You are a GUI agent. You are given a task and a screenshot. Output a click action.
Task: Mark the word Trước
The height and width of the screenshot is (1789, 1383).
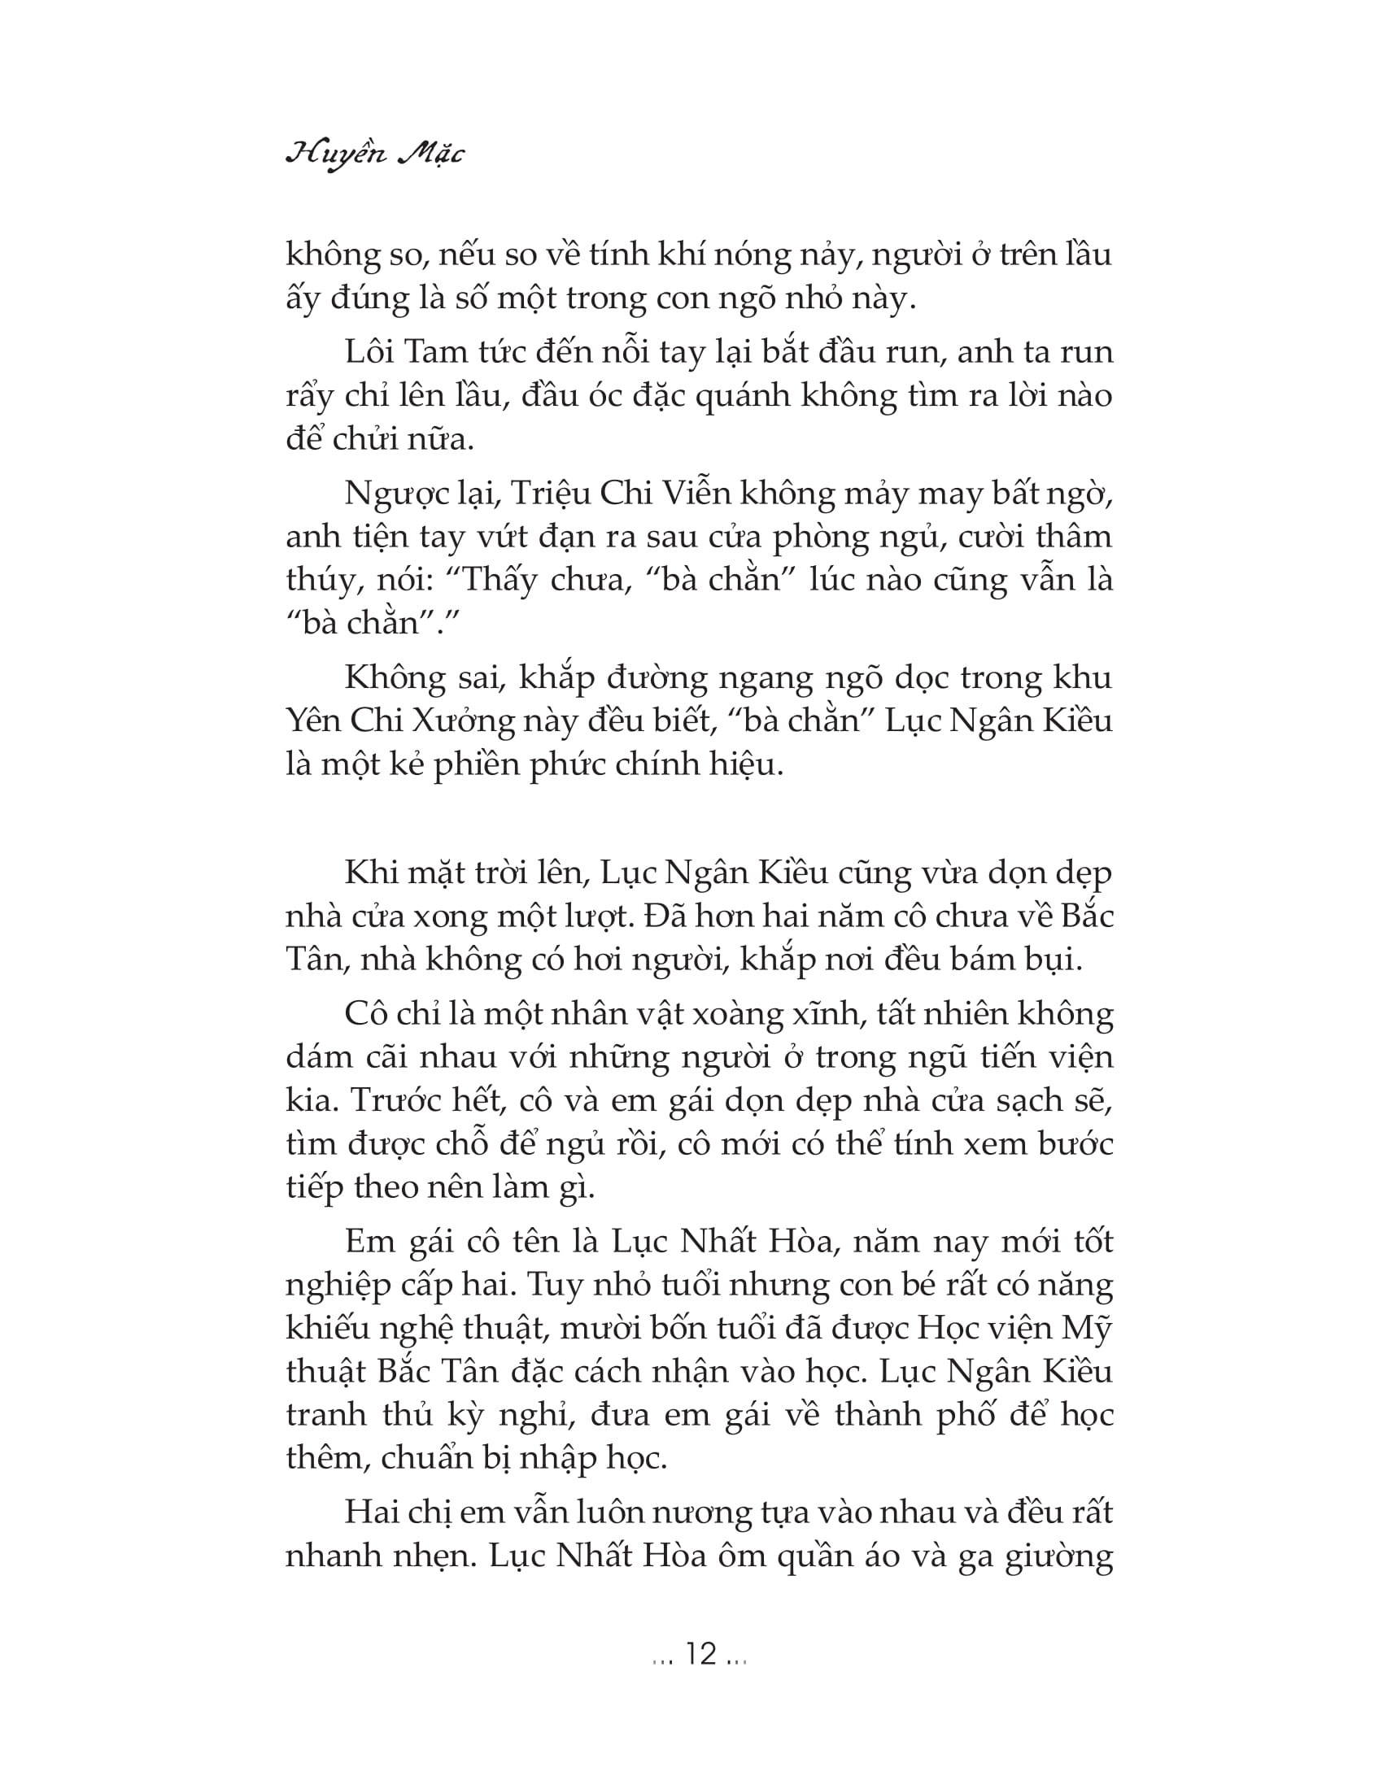pyautogui.click(x=396, y=1100)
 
